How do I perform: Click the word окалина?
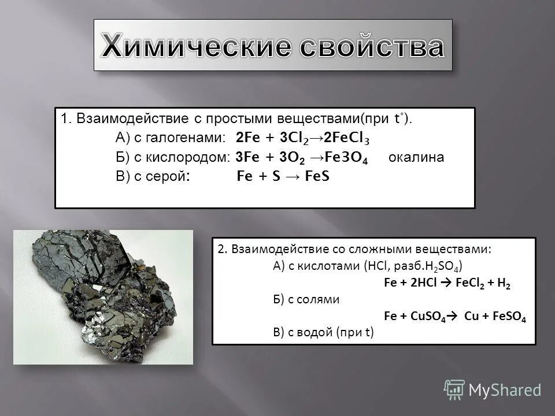416,158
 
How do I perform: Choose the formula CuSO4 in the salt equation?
425,317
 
